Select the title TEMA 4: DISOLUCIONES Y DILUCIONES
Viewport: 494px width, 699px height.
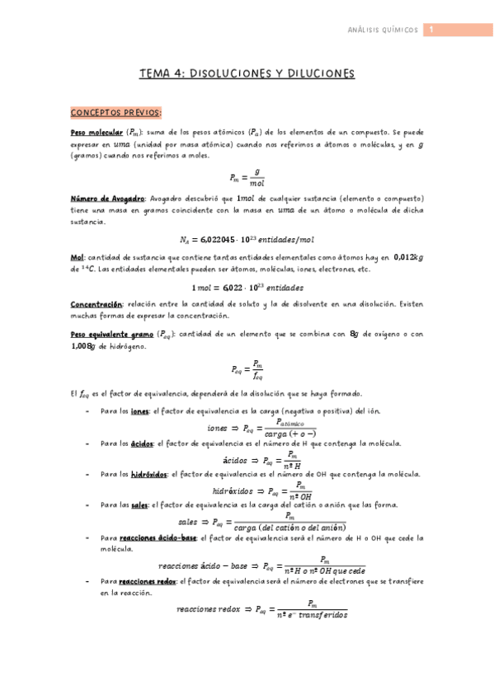point(247,74)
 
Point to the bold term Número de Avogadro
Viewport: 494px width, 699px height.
point(107,199)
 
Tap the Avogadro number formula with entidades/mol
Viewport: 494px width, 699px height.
point(247,240)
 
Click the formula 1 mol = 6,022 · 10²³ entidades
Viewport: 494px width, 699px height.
point(247,288)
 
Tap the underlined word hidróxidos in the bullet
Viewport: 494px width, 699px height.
point(150,474)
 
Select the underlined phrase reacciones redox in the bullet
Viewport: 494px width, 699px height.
point(149,581)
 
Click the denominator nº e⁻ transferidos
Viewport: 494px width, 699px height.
point(312,614)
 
